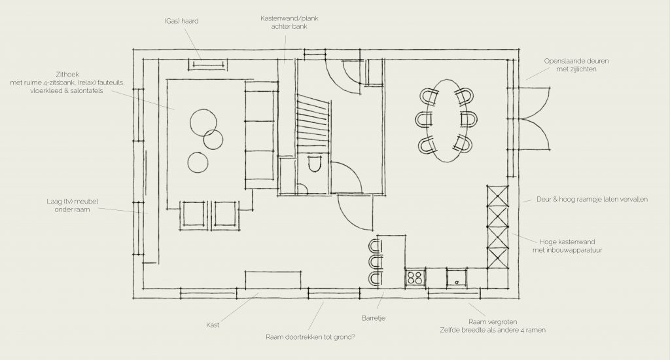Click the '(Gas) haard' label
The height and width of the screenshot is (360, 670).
181,21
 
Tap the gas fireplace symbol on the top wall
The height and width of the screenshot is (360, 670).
207,65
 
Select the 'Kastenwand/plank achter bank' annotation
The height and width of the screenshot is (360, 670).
289,22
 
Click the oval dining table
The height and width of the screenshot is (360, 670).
447,120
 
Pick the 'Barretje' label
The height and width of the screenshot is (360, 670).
374,318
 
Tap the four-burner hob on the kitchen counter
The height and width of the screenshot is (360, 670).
415,278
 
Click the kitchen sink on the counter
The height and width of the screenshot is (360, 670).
457,278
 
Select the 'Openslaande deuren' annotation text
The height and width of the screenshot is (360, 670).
576,61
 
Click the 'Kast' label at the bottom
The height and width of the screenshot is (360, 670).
213,325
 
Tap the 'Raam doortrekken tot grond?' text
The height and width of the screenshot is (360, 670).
310,337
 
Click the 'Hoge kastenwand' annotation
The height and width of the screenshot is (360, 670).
567,242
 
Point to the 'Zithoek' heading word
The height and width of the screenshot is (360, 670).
67,75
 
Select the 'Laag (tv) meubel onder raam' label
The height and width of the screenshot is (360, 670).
72,206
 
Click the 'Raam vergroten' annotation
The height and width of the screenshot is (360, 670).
493,322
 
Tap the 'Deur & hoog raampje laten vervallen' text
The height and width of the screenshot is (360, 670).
591,199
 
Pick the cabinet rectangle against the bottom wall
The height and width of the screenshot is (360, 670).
273,280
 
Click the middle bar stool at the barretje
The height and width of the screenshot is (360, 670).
375,262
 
